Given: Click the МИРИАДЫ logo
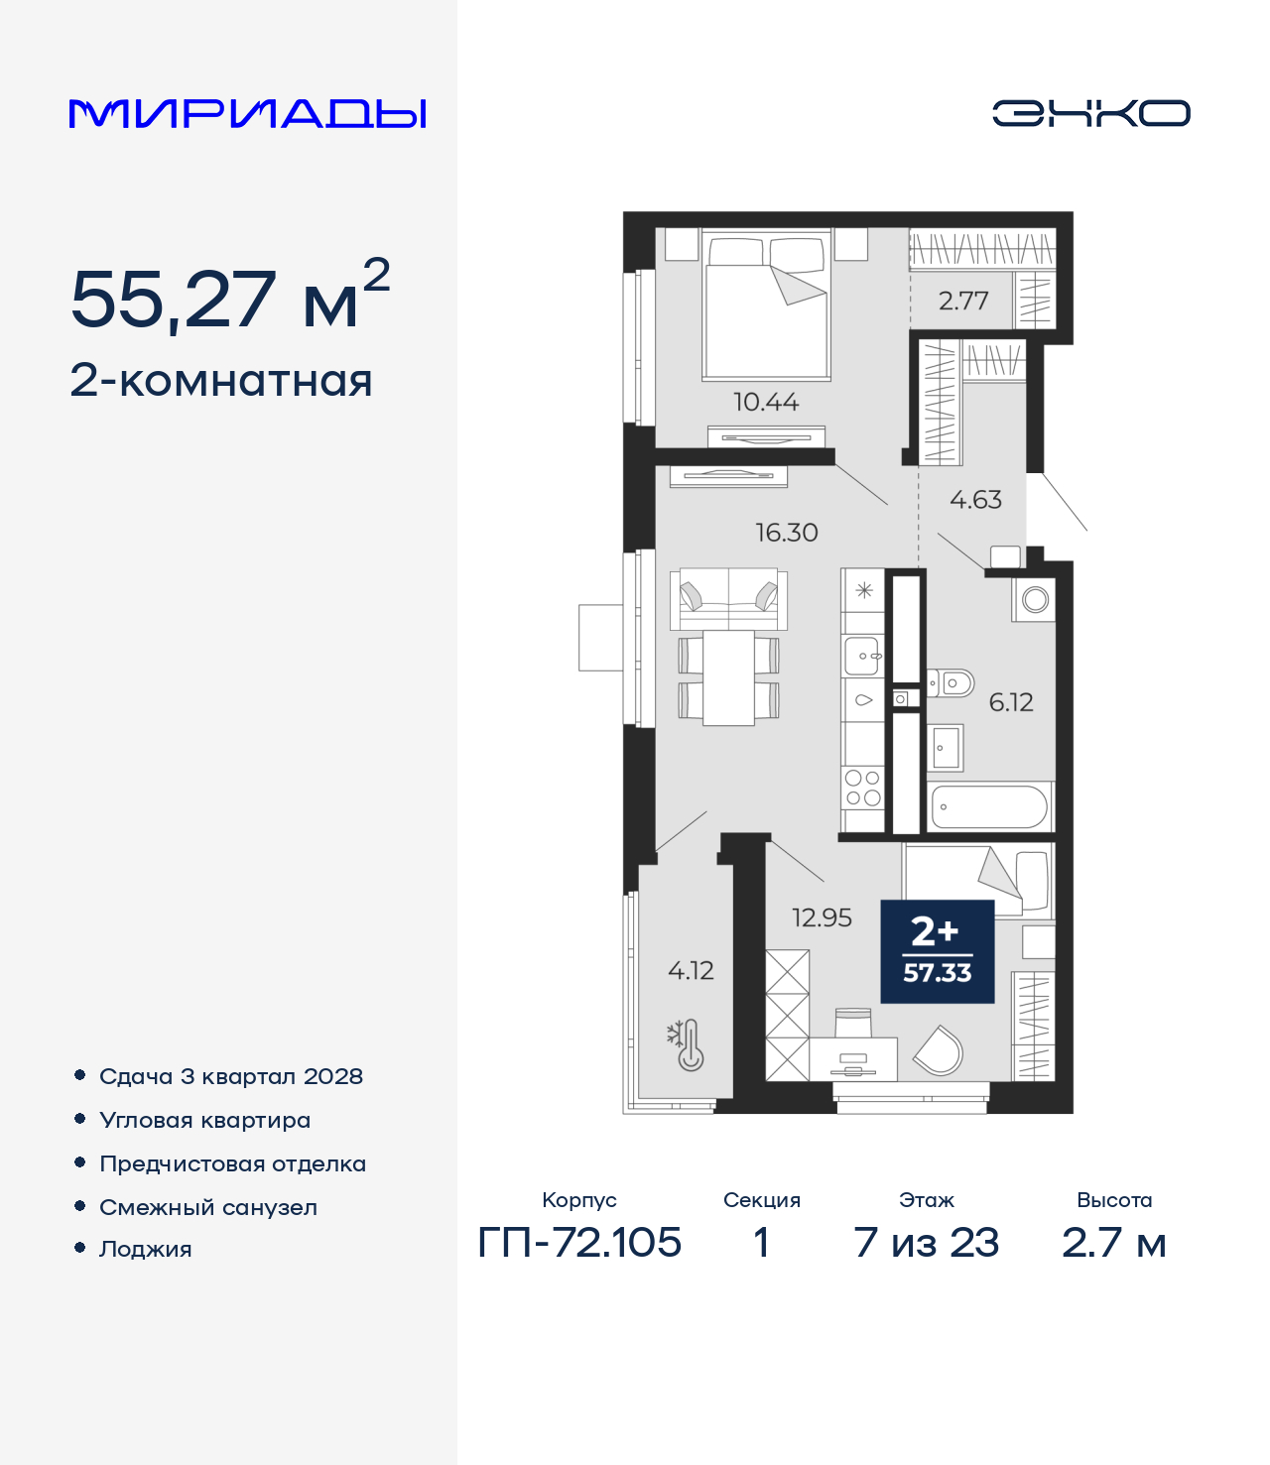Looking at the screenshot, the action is [247, 113].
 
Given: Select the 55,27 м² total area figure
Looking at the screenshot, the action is [230, 296].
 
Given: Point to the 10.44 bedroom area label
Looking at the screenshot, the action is [766, 402].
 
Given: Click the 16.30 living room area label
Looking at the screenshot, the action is [787, 533].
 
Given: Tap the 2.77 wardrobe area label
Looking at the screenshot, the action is [963, 301].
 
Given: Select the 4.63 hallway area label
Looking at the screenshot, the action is [975, 500].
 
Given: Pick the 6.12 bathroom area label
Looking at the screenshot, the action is [1011, 701].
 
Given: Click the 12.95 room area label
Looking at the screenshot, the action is [822, 917].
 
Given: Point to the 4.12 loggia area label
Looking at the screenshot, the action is [691, 970].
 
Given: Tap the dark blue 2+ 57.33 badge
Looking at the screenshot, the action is [937, 951].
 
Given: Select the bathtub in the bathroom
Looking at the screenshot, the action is [989, 805].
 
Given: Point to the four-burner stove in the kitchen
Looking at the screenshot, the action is [863, 788].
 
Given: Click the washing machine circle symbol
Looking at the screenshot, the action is [1035, 600].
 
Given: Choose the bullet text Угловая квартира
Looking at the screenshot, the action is [205, 1121].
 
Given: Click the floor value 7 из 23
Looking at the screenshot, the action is [926, 1243].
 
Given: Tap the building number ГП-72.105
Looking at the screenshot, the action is [579, 1243].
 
